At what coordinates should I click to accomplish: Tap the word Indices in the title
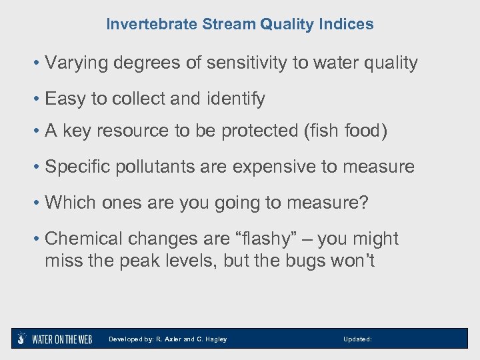(347, 25)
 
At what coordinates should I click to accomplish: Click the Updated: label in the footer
(357, 339)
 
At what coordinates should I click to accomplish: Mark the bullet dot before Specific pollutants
(37, 167)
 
